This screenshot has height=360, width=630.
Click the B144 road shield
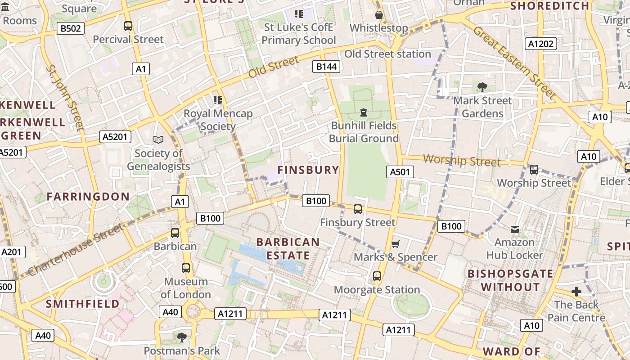click(x=326, y=67)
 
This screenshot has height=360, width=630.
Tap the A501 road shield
click(x=400, y=171)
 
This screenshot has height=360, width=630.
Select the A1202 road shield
click(x=540, y=44)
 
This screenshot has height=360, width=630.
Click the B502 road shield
click(x=71, y=29)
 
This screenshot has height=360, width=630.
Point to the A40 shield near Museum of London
click(x=171, y=312)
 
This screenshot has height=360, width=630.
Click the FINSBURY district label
click(x=308, y=170)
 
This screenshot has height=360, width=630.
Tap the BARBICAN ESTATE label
click(x=288, y=249)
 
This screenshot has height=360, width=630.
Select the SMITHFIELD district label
click(x=83, y=304)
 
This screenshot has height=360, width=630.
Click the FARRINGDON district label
click(x=88, y=197)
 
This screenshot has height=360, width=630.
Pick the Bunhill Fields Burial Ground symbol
click(x=364, y=112)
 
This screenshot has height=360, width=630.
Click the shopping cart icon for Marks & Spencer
click(x=395, y=244)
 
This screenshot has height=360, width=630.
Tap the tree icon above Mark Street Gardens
click(x=482, y=87)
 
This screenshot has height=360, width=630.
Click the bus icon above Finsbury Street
click(x=358, y=209)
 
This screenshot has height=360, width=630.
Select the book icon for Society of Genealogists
click(x=158, y=140)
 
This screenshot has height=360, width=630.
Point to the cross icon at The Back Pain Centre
click(x=576, y=292)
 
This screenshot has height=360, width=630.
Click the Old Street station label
click(x=387, y=54)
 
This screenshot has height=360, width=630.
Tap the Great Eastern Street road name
click(x=514, y=63)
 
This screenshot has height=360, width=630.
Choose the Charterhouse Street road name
click(x=76, y=249)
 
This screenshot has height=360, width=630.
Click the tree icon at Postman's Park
click(x=182, y=337)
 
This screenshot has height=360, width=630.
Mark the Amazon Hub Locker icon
click(x=515, y=229)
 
